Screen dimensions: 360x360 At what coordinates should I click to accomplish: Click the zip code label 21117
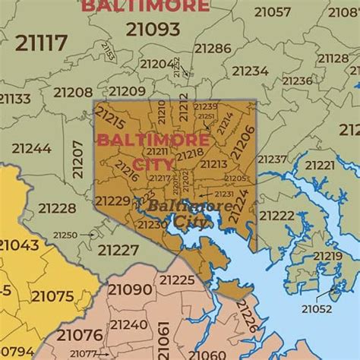coord(42,43)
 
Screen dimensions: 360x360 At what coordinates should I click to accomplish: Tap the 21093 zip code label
coord(153,30)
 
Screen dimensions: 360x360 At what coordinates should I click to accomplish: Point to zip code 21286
coord(212,48)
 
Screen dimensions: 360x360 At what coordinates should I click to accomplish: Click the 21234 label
coord(250,71)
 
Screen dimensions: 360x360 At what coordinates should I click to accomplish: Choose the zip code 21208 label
coord(73,92)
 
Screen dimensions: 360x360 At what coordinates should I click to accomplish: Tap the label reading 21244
coord(32,148)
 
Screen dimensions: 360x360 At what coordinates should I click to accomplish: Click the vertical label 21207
coord(77,159)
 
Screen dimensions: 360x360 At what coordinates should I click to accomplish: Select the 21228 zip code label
coord(58,208)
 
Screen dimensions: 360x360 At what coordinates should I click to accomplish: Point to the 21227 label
coord(118,249)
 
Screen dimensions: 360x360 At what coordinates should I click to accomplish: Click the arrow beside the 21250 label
coord(90,235)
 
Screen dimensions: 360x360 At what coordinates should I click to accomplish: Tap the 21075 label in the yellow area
coord(52,296)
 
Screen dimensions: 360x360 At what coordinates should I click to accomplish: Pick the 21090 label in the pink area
coord(130,289)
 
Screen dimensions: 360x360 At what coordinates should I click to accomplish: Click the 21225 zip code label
coord(177,280)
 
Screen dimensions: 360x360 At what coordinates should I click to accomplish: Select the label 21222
coord(276,216)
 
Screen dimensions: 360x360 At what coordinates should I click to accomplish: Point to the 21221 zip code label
coord(319,165)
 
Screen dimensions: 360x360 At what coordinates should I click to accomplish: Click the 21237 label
coord(272,159)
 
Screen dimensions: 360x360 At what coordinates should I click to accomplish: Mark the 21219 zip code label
coord(327,255)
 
